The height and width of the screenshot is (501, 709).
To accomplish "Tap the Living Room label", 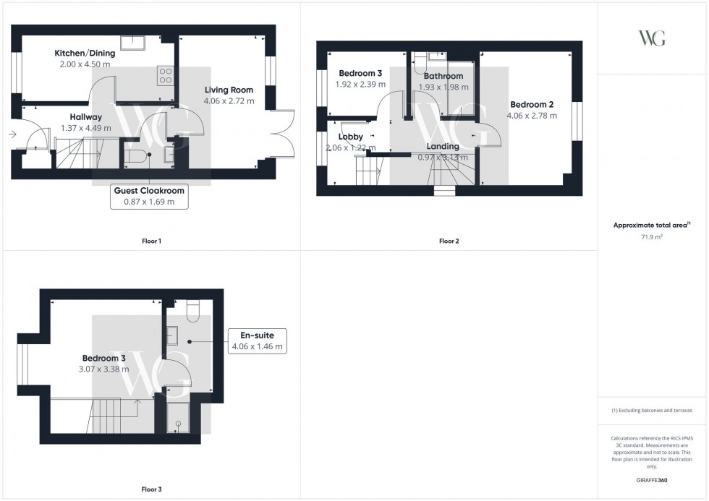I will [x=229, y=90].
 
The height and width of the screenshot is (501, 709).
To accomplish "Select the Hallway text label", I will [x=85, y=117].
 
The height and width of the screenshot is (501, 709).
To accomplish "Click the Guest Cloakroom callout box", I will [x=149, y=196].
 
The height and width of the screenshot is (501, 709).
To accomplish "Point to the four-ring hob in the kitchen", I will [x=165, y=75].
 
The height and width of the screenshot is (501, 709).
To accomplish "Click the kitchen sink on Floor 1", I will [x=132, y=43].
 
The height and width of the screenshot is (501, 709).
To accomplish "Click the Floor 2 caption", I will [x=449, y=241].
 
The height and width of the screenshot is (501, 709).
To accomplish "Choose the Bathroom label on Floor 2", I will [x=443, y=76].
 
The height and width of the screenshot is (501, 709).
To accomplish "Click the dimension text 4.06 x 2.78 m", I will [x=531, y=115].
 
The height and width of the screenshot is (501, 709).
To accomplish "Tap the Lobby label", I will [x=350, y=137].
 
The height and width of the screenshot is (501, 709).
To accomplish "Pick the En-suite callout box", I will [x=257, y=341].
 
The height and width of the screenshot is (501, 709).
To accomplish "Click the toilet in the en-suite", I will [x=193, y=309].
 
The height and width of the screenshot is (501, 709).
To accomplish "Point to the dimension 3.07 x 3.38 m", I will [x=105, y=369].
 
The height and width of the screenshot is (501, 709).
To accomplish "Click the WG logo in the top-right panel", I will [x=652, y=38].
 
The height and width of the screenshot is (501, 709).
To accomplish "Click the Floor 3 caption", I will [x=151, y=489].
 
